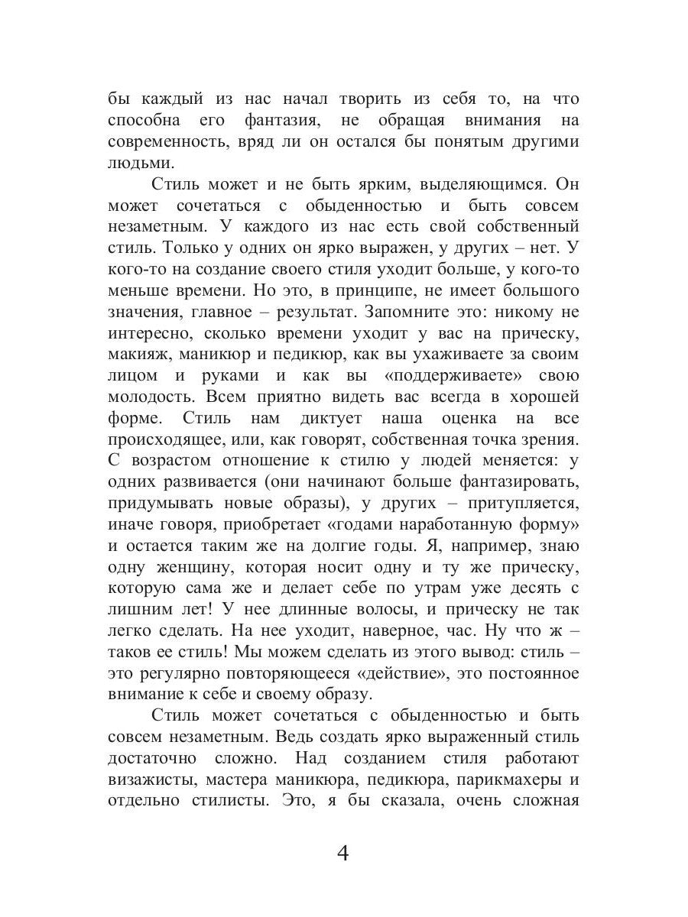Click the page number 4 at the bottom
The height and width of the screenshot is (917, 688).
tap(342, 853)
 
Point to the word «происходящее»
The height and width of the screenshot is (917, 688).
tap(174, 440)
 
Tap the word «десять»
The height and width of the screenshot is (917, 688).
tap(531, 588)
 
